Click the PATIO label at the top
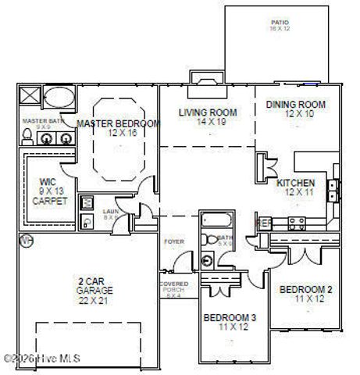coord(280,23)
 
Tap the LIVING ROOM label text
coord(207,112)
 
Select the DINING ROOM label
coord(294,105)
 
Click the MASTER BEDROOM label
coord(118,124)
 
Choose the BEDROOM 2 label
coord(306,290)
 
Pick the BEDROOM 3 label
coord(230,318)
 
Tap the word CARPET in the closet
coord(50,201)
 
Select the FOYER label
coord(173,242)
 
